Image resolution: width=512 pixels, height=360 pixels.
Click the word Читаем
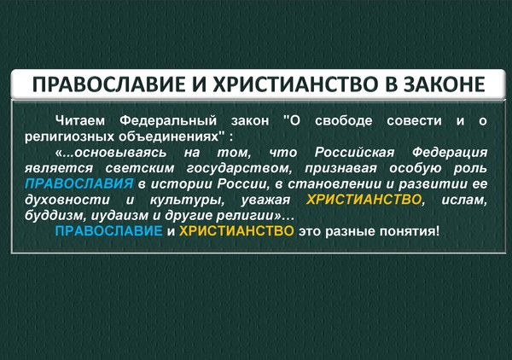[x=80, y=121]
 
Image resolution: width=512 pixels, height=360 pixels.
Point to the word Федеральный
[x=168, y=121]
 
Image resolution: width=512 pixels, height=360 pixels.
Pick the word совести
[x=414, y=121]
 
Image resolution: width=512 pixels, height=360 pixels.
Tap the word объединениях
[x=168, y=136]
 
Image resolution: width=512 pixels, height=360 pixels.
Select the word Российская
[x=355, y=153]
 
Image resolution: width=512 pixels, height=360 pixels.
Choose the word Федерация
[x=450, y=153]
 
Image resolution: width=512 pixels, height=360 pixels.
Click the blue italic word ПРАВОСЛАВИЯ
[x=79, y=183]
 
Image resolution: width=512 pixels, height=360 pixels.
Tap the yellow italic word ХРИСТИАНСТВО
[x=364, y=200]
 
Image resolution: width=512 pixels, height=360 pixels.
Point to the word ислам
[x=464, y=200]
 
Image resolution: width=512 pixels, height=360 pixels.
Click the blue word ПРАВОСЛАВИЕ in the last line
[x=108, y=231]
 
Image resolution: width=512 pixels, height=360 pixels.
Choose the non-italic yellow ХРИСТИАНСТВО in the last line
[x=236, y=231]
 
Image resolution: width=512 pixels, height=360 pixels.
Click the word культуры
[x=187, y=200]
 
